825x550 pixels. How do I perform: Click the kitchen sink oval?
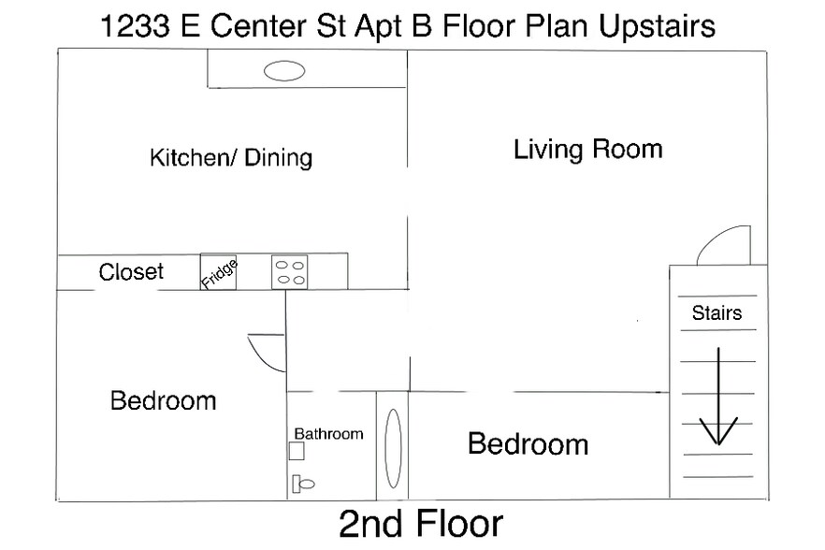(284, 70)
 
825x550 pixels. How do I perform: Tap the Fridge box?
(218, 272)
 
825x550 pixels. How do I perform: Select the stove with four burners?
(289, 272)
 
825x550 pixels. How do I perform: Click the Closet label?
(131, 271)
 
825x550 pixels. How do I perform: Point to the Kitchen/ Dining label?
(231, 157)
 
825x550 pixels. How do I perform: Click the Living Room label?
(587, 149)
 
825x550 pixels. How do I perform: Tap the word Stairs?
(716, 312)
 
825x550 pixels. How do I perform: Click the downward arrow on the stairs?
(718, 397)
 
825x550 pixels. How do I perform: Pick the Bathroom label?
(329, 434)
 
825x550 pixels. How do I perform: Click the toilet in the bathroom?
(303, 484)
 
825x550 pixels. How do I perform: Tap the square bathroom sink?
(297, 451)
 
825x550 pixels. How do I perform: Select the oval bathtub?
(393, 448)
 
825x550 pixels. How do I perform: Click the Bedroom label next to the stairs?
(528, 443)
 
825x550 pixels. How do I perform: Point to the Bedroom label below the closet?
(163, 400)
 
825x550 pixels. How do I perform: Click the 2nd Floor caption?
(421, 524)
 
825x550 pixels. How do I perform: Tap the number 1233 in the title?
(135, 26)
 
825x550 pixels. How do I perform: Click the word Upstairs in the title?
(657, 26)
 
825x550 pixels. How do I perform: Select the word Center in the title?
(258, 26)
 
